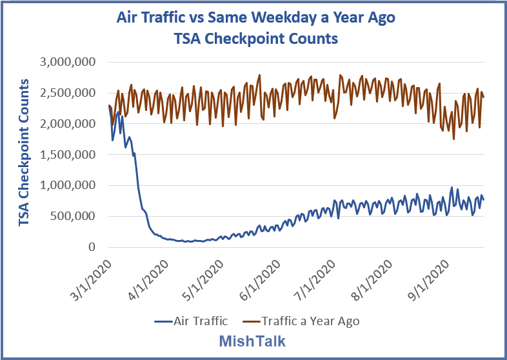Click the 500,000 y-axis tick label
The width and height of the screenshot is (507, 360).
point(73,216)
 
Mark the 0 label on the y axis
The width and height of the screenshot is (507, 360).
point(92,247)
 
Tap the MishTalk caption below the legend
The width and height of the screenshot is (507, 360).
point(253,341)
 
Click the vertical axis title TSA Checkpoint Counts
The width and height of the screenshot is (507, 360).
point(24,153)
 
